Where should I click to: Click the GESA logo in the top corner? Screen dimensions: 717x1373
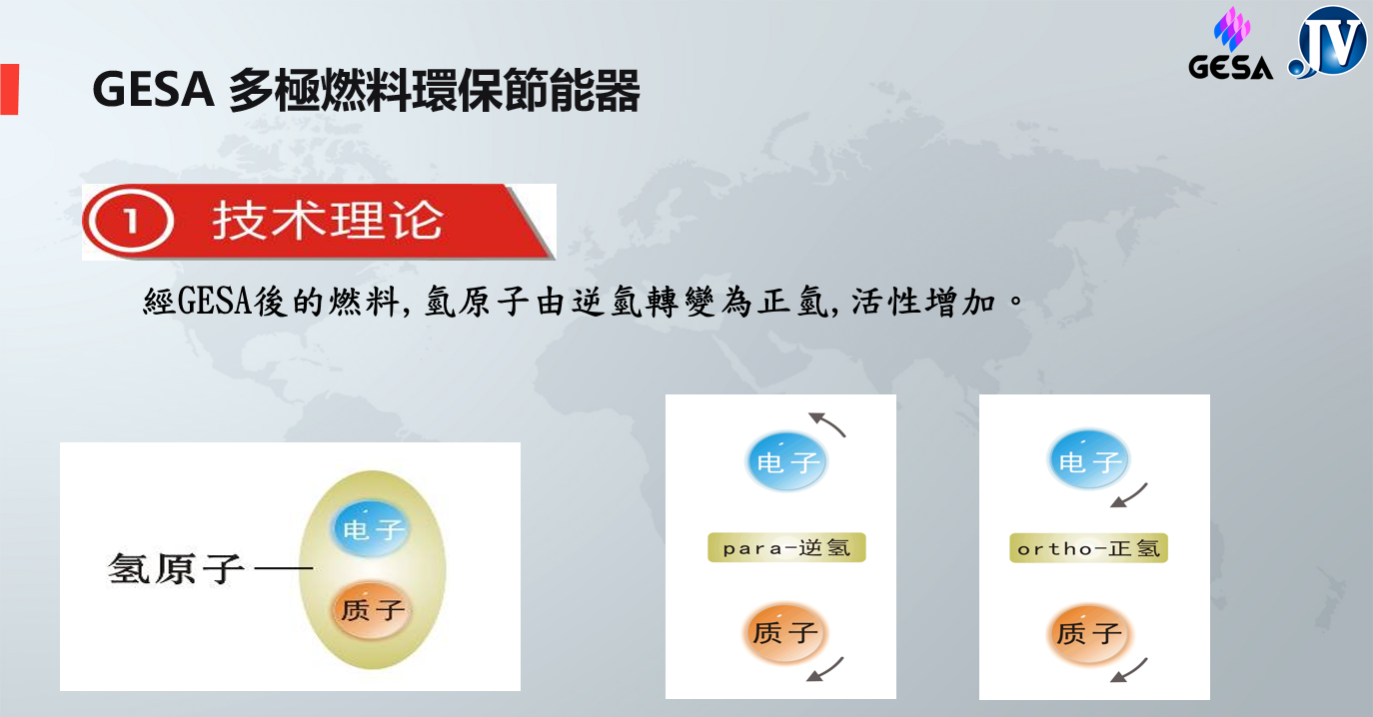click(1230, 45)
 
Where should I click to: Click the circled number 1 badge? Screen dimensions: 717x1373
click(129, 222)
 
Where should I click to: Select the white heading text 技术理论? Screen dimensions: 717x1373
click(326, 221)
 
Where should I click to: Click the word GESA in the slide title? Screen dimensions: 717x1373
click(152, 91)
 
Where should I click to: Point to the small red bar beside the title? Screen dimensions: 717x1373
click(9, 89)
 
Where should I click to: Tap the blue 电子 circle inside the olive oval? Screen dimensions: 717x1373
click(371, 528)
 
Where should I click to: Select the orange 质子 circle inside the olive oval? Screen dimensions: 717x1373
click(371, 609)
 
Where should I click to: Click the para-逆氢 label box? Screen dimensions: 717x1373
click(786, 548)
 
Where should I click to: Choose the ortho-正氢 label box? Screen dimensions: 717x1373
click(1088, 548)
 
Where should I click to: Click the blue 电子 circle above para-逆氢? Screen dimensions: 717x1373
click(786, 462)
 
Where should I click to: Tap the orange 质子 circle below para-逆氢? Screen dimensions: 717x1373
click(785, 633)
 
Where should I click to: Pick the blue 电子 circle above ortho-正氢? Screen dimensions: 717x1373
click(1088, 461)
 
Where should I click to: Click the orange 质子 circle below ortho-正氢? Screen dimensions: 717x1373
click(1088, 633)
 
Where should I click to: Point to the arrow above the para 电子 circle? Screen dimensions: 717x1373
click(827, 423)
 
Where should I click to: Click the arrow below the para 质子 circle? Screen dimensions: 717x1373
click(825, 670)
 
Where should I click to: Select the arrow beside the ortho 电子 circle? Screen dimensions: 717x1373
click(1129, 495)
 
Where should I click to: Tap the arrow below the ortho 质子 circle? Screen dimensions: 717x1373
click(1129, 670)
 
